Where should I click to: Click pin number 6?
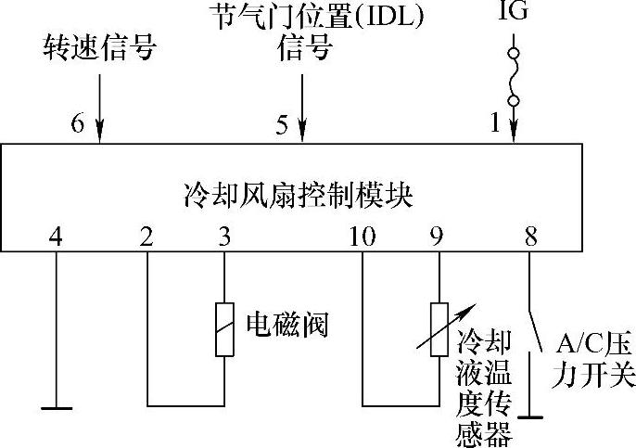78,122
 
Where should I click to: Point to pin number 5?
282,122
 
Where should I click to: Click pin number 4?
56,237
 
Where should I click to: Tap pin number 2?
146,237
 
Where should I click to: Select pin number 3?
223,237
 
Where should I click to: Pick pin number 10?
363,237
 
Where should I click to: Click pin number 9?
436,237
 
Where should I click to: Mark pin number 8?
530,237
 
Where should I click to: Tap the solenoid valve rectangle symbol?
224,329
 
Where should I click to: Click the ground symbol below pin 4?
56,405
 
